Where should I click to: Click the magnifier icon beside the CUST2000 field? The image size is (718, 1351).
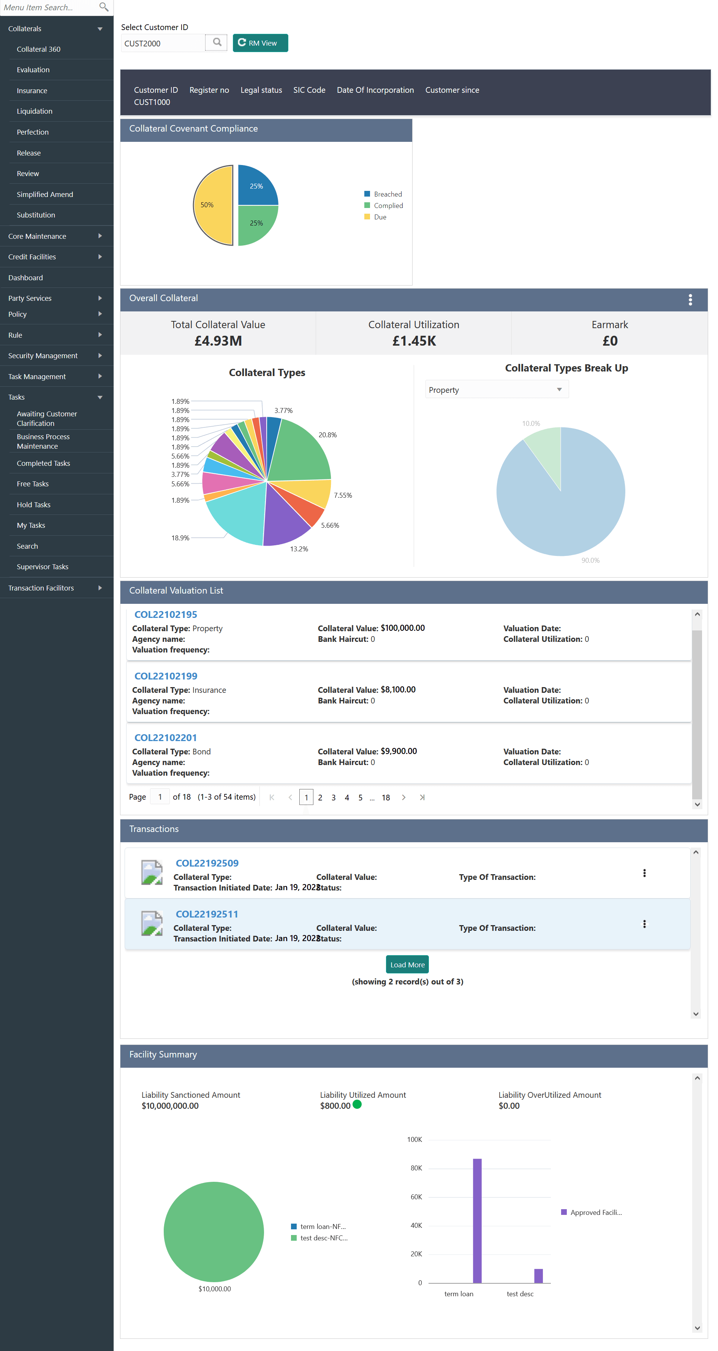(217, 43)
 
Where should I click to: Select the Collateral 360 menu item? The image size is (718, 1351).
(39, 49)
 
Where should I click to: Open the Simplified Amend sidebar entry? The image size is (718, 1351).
(45, 195)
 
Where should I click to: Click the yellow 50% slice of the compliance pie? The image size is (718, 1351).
(213, 205)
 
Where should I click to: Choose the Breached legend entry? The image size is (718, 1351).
(387, 194)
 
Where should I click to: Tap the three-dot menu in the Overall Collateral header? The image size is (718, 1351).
(690, 300)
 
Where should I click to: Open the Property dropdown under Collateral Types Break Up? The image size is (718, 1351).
(496, 390)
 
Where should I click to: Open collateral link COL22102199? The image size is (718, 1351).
(166, 676)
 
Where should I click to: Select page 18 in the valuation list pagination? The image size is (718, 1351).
(385, 798)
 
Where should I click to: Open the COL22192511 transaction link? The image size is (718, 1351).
(207, 914)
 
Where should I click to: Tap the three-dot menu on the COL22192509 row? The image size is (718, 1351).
(644, 873)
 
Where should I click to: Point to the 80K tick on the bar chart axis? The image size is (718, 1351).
(417, 1168)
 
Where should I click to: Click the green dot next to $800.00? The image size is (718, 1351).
(357, 1105)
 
